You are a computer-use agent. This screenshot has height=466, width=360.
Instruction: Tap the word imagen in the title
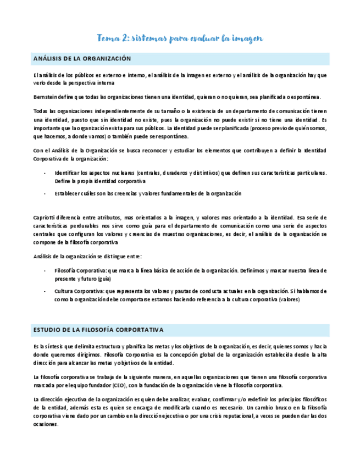coord(245,38)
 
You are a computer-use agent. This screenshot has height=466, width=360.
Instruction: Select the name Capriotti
coord(46,218)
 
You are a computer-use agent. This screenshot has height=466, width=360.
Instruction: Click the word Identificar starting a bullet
coord(71,173)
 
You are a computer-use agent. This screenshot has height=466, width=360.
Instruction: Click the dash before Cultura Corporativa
coord(45,291)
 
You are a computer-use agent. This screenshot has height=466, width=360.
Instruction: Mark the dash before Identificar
coord(45,173)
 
